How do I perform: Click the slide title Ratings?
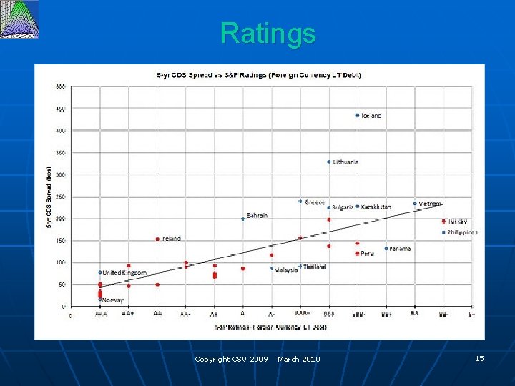[x=268, y=33]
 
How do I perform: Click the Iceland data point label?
[x=371, y=115]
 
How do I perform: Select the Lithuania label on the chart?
[x=345, y=162]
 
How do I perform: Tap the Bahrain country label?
[x=257, y=215]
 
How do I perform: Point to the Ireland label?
[x=171, y=239]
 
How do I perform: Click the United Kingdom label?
[x=125, y=272]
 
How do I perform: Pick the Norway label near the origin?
[x=112, y=300]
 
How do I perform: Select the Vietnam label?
[x=430, y=204]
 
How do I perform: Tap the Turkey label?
[x=457, y=222]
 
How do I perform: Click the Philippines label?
[x=462, y=232]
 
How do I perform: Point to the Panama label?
[x=400, y=249]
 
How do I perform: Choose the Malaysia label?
[x=286, y=270]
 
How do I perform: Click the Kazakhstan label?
[x=376, y=207]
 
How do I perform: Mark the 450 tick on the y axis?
[x=60, y=109]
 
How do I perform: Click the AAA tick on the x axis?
[x=101, y=314]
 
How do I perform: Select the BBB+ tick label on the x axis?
[x=302, y=314]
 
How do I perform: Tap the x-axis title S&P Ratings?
[x=270, y=327]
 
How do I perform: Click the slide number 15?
[x=479, y=358]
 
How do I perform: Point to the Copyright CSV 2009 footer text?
[x=231, y=359]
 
